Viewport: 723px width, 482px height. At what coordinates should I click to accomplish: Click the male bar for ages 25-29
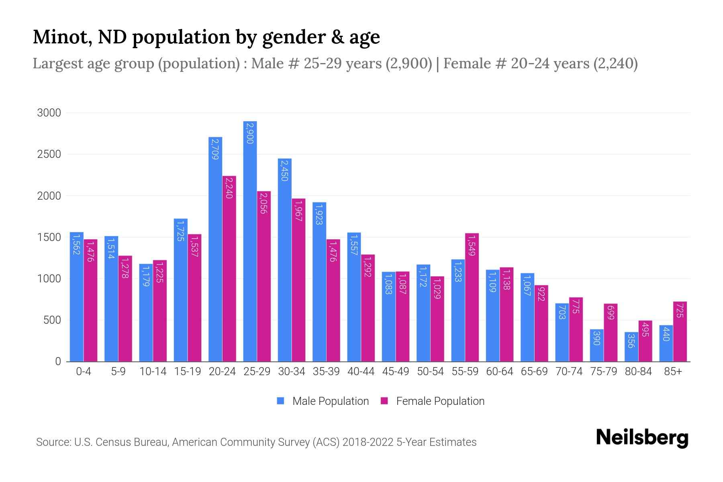[x=250, y=241]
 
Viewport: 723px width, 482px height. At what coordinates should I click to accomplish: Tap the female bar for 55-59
[x=472, y=297]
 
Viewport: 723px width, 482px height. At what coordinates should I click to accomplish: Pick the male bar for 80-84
[x=631, y=347]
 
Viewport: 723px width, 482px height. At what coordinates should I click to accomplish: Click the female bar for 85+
[x=680, y=331]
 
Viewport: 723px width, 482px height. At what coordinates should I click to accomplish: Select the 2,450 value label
[x=284, y=171]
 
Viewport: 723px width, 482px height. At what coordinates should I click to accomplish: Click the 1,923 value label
[x=319, y=214]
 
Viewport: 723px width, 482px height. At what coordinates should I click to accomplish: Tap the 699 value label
[x=610, y=312]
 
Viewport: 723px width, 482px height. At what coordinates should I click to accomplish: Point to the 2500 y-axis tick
[x=49, y=154]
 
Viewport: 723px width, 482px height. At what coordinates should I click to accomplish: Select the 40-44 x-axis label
[x=361, y=372]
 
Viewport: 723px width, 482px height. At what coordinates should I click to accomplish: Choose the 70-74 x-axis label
[x=569, y=372]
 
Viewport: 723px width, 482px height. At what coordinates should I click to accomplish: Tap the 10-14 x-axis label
[x=153, y=372]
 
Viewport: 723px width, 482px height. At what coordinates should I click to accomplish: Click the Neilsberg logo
[x=642, y=438]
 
